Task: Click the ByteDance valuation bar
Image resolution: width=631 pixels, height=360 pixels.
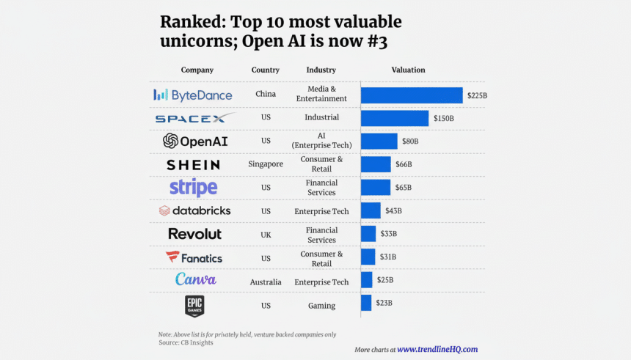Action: (x=412, y=95)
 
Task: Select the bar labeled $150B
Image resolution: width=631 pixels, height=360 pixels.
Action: (x=395, y=118)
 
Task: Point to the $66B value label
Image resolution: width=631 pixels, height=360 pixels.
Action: (x=405, y=164)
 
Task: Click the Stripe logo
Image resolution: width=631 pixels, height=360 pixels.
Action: (x=194, y=187)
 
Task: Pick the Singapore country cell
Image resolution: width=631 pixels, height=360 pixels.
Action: (x=266, y=164)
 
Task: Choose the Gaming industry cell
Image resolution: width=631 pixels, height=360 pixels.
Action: (x=321, y=306)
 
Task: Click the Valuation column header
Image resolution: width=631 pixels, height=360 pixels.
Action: (x=408, y=70)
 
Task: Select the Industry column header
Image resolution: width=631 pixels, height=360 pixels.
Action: (x=321, y=70)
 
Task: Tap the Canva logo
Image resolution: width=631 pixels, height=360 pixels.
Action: (x=195, y=279)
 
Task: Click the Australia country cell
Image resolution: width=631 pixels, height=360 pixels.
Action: (x=266, y=282)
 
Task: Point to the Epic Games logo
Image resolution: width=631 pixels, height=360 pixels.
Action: (x=194, y=306)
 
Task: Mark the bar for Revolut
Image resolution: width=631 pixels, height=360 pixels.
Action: (x=368, y=234)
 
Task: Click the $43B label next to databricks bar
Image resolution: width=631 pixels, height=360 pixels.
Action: (x=394, y=211)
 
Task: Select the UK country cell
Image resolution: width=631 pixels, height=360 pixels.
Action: (x=266, y=235)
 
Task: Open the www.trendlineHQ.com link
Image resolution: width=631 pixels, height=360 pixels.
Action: (x=437, y=350)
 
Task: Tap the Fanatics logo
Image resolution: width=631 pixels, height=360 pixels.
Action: (x=194, y=257)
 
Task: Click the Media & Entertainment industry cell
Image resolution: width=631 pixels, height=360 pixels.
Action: (x=321, y=94)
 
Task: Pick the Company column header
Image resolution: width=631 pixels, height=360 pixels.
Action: (x=197, y=70)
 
